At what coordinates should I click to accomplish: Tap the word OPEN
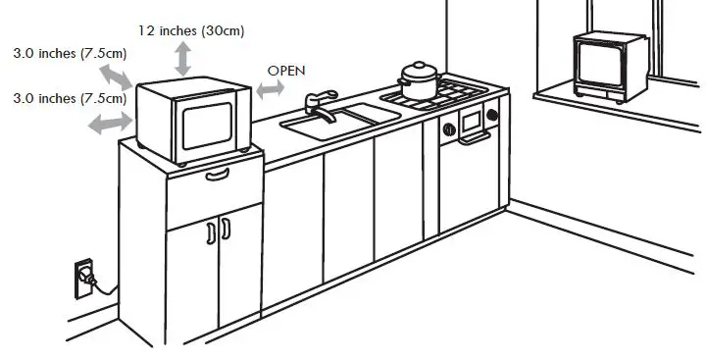coord(286,71)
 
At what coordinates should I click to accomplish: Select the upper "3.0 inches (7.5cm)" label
coord(65,53)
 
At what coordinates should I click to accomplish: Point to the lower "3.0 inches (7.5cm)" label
coord(65,97)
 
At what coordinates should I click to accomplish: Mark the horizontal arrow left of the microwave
coord(111,121)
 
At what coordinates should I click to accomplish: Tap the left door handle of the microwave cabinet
coord(211,232)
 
